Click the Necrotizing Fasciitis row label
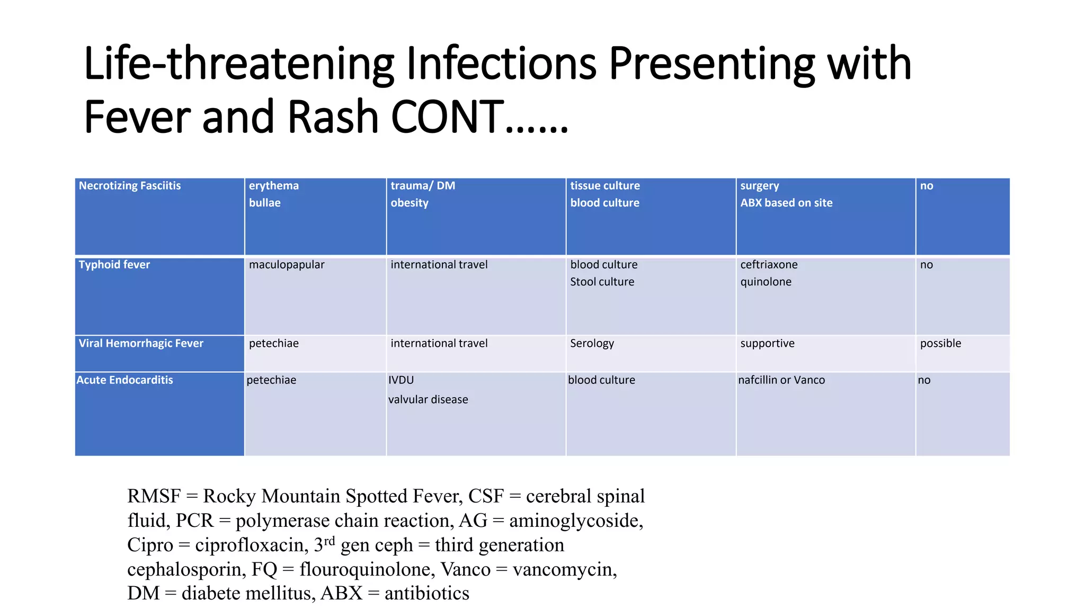point(130,186)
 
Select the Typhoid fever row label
point(114,265)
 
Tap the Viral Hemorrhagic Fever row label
point(141,344)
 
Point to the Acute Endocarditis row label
point(124,380)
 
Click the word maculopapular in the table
point(287,265)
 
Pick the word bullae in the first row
point(264,203)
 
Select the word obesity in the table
point(410,203)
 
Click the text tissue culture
point(604,186)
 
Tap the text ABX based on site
point(786,203)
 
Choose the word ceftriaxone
point(769,265)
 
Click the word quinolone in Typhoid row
point(766,282)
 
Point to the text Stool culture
point(602,282)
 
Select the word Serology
point(592,344)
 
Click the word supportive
point(767,344)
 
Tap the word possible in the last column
point(940,344)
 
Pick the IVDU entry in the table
point(401,380)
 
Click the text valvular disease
point(428,400)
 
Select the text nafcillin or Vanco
point(781,380)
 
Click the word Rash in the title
point(333,117)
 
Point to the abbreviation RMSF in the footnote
point(154,496)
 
